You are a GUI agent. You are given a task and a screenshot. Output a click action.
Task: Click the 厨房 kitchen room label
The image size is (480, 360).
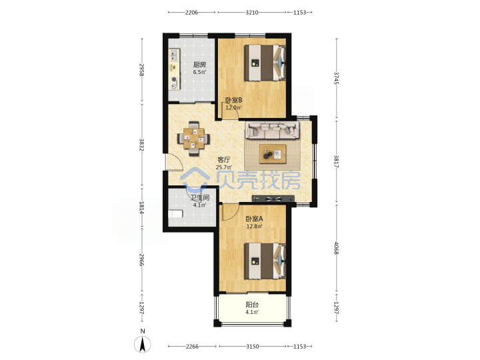199,65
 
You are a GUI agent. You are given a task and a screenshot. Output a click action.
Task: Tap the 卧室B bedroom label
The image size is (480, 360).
234,100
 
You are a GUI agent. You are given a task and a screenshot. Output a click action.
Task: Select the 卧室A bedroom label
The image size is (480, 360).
255,219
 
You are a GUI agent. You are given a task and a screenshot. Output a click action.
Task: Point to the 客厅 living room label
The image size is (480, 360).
224,159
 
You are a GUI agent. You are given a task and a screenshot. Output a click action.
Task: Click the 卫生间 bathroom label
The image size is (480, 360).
199,198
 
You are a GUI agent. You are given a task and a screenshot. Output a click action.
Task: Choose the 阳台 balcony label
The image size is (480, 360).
252,305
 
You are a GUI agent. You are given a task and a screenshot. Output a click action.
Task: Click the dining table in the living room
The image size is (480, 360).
194,139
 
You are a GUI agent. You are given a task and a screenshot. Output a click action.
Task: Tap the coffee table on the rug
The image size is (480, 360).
273,154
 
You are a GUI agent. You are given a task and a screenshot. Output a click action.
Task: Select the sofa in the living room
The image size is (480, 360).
272,130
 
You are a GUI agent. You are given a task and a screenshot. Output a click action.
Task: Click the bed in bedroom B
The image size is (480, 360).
265,63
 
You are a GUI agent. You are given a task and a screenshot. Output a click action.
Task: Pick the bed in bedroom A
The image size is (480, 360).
265,261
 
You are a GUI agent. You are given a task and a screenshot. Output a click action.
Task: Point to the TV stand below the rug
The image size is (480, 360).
273,199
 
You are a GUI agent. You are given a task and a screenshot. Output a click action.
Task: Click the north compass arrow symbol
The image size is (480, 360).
143,344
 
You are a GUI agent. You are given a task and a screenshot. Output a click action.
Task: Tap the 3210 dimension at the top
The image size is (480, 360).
252,13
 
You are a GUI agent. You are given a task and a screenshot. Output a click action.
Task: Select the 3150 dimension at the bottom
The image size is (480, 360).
253,347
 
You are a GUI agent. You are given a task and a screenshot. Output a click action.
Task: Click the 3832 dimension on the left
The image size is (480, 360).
142,145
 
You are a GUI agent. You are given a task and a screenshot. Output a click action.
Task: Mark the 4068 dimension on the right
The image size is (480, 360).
337,248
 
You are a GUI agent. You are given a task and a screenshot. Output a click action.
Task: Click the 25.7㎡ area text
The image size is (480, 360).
224,167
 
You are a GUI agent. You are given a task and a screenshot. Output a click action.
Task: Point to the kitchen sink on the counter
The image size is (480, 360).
174,56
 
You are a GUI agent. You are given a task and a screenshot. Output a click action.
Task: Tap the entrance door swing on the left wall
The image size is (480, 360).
174,161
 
